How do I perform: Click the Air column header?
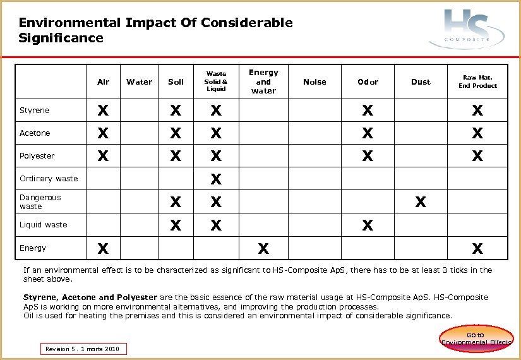[x=104, y=81]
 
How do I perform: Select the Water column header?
[x=140, y=81]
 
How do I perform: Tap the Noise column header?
[x=314, y=81]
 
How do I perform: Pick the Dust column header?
[x=421, y=81]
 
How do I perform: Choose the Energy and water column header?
[x=263, y=81]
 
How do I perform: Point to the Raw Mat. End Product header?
[x=477, y=81]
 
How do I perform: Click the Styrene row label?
[x=34, y=111]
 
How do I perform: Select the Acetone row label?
[x=35, y=133]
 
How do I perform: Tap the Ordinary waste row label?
[x=49, y=178]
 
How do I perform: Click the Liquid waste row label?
[x=43, y=224]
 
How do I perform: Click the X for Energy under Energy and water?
[x=263, y=248]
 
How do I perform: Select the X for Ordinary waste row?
[x=216, y=179]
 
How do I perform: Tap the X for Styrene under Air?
[x=102, y=111]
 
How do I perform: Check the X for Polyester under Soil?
[x=176, y=156]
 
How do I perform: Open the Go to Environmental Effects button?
[x=476, y=339]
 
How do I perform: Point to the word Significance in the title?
[x=61, y=38]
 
